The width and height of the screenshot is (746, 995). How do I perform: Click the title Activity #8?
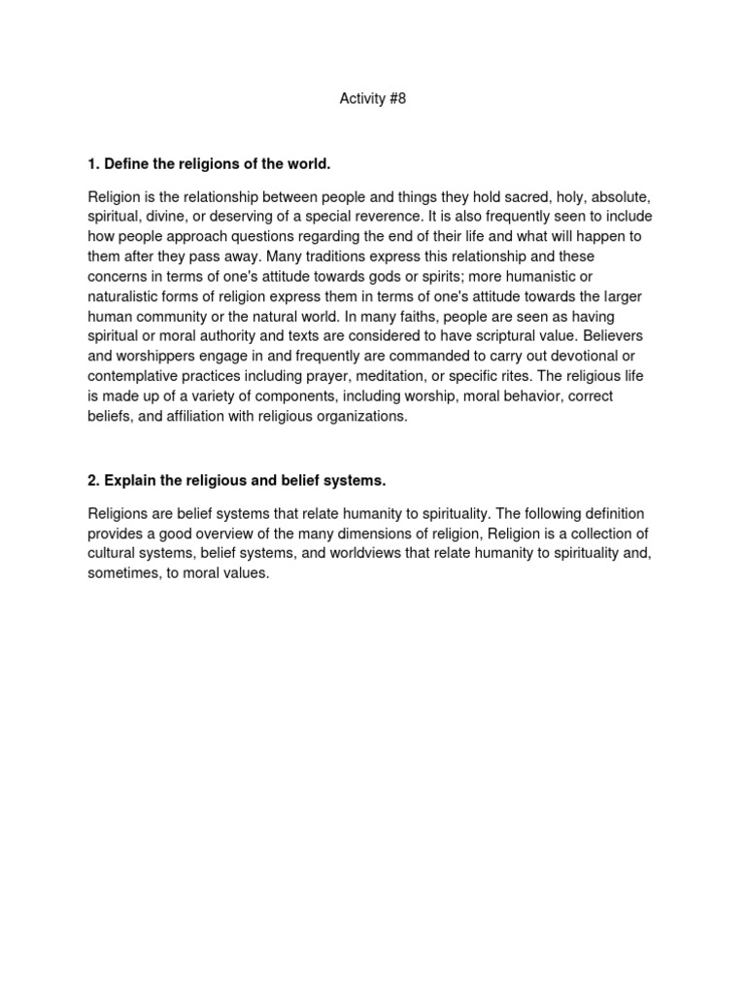pos(372,98)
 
